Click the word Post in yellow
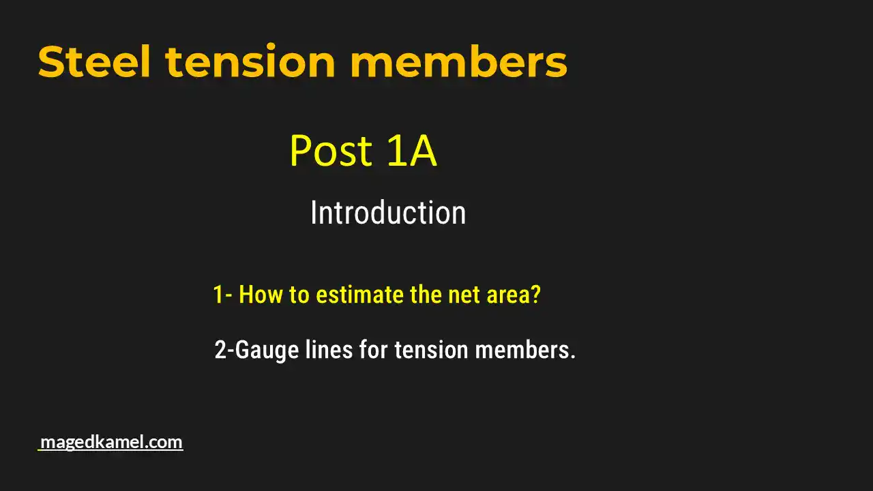point(331,151)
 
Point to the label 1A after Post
point(411,151)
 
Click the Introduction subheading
point(387,213)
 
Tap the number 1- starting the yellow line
point(222,295)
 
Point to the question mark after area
point(535,295)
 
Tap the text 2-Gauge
point(256,351)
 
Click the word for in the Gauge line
point(374,350)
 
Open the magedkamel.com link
point(111,442)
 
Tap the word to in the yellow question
point(298,295)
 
